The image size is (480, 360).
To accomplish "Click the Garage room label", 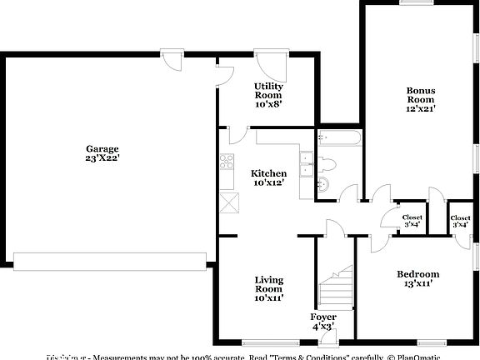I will point(102,149).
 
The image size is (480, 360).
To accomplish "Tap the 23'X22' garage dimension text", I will point(102,158).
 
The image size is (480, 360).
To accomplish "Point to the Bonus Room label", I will point(420,95).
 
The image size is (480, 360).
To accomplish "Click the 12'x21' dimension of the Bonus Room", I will point(420,108).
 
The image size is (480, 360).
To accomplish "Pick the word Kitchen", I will point(268,173).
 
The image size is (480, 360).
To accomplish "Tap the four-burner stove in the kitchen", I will point(227,162).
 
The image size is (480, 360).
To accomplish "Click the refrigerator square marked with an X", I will point(230,201).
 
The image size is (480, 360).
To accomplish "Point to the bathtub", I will point(338,138).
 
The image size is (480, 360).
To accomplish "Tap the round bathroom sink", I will point(324,183).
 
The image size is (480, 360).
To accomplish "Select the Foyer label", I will point(323,317).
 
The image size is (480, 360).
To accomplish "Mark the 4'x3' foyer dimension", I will point(323,327).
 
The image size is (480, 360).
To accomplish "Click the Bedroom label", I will point(417,274).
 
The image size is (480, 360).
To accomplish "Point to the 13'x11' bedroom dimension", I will point(417,283).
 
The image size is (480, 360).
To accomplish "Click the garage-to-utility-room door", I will point(225,76).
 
